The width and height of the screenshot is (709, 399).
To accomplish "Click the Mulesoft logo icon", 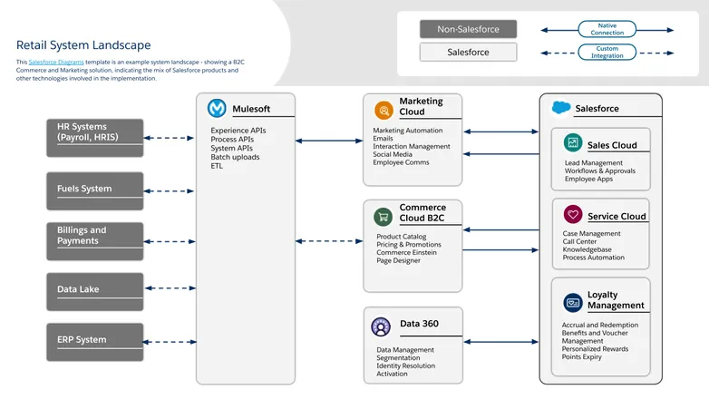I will pyautogui.click(x=218, y=109).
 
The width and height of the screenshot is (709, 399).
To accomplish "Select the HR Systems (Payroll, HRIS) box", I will pyautogui.click(x=95, y=138).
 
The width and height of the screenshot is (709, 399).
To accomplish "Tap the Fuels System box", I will pyautogui.click(x=95, y=189).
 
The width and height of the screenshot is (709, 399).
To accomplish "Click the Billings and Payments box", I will pyautogui.click(x=95, y=240).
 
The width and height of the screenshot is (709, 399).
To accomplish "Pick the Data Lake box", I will pyautogui.click(x=95, y=290).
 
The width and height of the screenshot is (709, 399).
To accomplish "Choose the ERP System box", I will pyautogui.click(x=95, y=341).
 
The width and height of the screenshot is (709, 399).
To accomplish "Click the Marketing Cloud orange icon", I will pyautogui.click(x=384, y=111).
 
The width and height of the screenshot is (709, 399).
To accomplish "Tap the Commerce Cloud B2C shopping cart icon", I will pyautogui.click(x=384, y=217).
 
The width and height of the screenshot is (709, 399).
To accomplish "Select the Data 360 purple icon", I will pyautogui.click(x=382, y=325).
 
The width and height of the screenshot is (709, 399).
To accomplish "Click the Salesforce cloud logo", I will pyautogui.click(x=561, y=108).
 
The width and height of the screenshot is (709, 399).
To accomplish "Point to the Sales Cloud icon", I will pyautogui.click(x=572, y=143).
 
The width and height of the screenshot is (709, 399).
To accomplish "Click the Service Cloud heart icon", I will pyautogui.click(x=572, y=215).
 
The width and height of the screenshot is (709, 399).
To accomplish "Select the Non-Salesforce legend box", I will pyautogui.click(x=468, y=29).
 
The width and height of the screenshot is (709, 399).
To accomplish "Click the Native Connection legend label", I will pyautogui.click(x=607, y=29).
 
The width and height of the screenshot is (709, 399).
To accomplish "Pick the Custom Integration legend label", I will pyautogui.click(x=607, y=53).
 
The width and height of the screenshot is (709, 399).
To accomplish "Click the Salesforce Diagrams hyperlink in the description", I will pyautogui.click(x=55, y=62).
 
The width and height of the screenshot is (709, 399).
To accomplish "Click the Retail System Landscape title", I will pyautogui.click(x=83, y=44).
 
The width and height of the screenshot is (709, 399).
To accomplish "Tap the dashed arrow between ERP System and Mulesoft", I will pyautogui.click(x=170, y=342).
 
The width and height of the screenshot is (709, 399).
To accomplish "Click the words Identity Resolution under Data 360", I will pyautogui.click(x=405, y=365).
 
